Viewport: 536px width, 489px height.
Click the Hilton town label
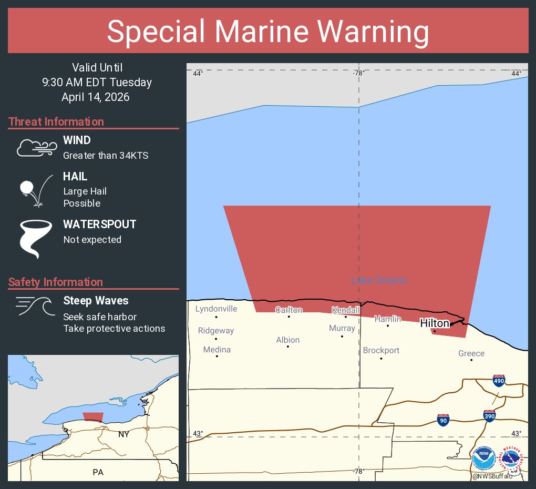[435, 323]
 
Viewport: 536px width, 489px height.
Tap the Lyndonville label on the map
[216, 309]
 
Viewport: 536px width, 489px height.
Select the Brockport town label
[381, 350]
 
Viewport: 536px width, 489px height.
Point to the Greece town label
[471, 353]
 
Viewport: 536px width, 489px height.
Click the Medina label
[217, 349]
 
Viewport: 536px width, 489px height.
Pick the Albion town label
[287, 340]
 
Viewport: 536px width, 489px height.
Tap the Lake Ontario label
[379, 280]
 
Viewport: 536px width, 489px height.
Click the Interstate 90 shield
[443, 420]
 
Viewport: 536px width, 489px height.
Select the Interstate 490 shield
[499, 380]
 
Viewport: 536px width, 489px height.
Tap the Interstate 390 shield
[489, 415]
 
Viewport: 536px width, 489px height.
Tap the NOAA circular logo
[483, 459]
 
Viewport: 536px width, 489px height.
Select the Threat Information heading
[56, 121]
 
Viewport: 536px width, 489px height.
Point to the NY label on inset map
[123, 434]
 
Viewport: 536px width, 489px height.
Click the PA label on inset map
[98, 472]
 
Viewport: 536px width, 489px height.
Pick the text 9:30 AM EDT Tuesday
[97, 82]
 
